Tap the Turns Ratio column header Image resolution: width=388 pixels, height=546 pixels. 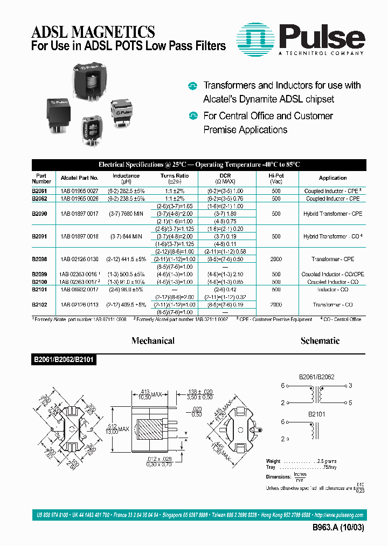175,178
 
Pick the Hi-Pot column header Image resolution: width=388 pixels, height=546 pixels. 276,178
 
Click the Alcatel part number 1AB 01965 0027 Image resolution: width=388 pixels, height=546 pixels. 80,191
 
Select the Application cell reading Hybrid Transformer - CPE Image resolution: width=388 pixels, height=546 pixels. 332,214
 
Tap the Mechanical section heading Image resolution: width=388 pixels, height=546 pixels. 153,341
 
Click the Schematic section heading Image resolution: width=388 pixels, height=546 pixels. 320,341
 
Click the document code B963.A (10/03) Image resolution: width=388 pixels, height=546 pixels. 338,528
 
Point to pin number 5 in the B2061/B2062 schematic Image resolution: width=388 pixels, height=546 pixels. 350,402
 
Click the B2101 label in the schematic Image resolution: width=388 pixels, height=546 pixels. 317,415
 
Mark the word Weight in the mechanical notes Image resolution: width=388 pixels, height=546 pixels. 274,461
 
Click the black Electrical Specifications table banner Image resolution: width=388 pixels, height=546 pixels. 199,165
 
